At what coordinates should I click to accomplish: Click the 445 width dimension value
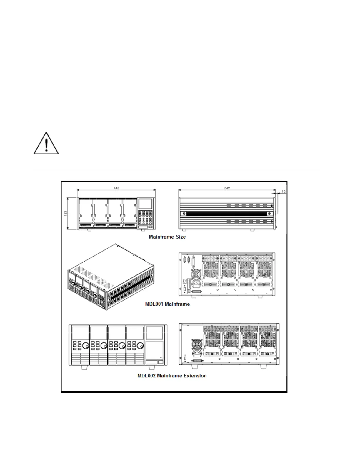tap(116, 188)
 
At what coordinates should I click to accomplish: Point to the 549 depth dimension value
tap(227, 188)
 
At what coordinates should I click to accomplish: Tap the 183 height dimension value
tap(66, 213)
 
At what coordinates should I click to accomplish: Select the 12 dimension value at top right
tap(284, 192)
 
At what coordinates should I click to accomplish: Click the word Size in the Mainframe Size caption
tap(181, 237)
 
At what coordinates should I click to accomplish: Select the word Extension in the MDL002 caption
tap(195, 376)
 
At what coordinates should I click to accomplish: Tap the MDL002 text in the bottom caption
tap(147, 376)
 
